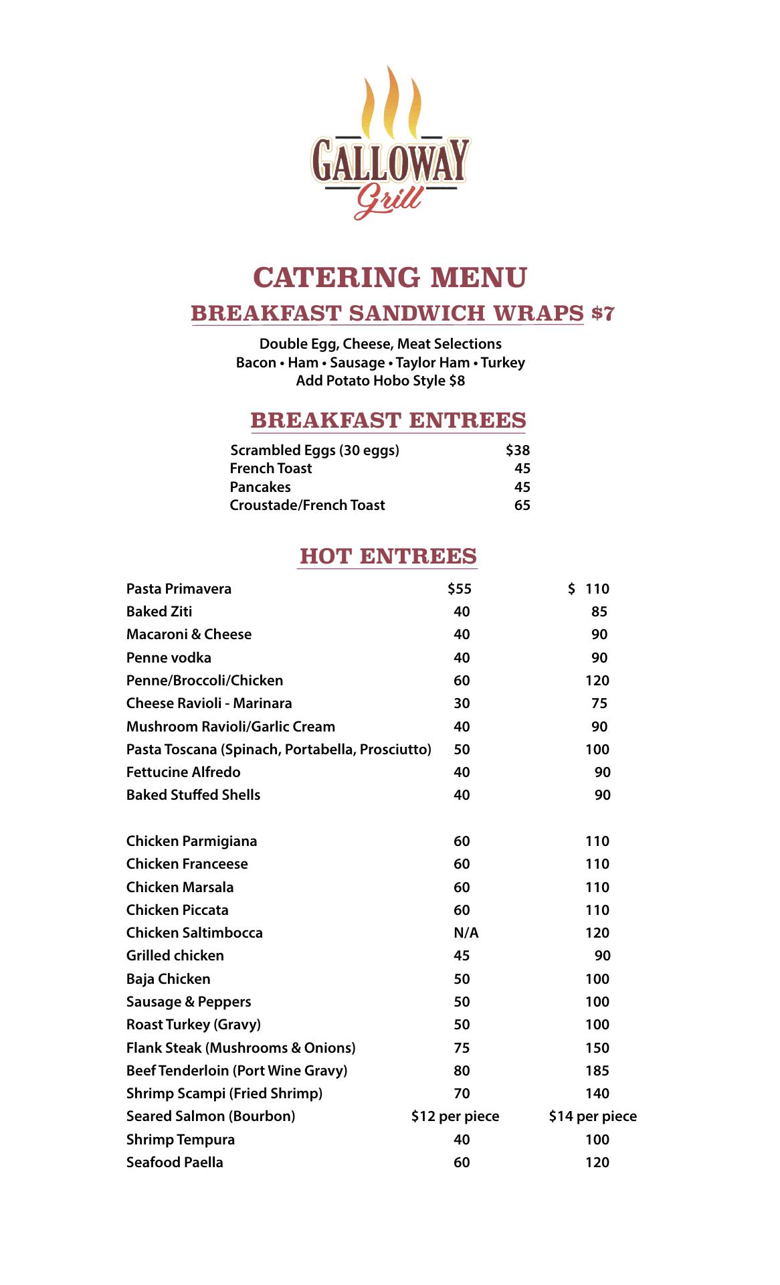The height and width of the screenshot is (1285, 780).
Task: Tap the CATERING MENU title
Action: [x=390, y=277]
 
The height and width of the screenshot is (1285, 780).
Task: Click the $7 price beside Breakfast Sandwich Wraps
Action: [x=603, y=313]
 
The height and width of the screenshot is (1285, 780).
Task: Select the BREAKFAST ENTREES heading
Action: [x=388, y=420]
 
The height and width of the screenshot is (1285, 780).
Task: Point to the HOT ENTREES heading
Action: [x=388, y=556]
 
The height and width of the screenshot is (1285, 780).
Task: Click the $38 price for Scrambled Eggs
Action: [x=518, y=450]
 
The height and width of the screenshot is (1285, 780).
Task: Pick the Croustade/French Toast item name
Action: [x=307, y=505]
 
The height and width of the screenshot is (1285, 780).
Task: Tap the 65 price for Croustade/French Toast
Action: [x=522, y=505]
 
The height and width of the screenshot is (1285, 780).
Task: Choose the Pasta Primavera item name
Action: [x=179, y=589]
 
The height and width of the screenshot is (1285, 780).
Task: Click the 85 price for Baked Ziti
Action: [x=599, y=612]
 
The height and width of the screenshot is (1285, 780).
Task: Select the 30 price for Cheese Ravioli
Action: [x=462, y=703]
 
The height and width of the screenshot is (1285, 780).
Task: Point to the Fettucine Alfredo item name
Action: [x=183, y=772]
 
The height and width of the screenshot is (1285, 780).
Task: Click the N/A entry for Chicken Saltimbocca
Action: [x=466, y=933]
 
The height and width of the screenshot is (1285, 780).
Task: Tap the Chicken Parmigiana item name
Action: [x=191, y=841]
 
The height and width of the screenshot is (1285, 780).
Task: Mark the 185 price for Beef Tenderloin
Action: [x=597, y=1071]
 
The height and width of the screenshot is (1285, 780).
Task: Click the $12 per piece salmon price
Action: [x=455, y=1116]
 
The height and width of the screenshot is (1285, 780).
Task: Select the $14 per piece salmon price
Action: [x=593, y=1116]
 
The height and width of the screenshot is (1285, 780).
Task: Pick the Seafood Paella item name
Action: [x=175, y=1163]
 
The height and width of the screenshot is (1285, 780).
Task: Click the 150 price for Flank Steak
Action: [x=597, y=1048]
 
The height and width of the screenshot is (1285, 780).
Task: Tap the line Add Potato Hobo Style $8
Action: [x=380, y=381]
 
